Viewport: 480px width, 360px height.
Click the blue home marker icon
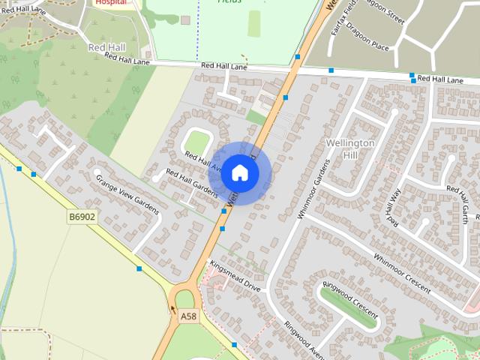[x=239, y=172]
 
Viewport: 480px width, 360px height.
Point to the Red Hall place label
[x=106, y=47]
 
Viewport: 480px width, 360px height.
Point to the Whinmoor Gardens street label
[x=313, y=188]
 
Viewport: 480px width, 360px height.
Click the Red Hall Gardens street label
[x=191, y=184]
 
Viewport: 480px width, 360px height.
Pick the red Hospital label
[x=109, y=2]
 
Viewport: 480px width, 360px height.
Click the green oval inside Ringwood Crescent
[x=349, y=307]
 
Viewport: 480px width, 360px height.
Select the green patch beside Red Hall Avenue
[x=196, y=142]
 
